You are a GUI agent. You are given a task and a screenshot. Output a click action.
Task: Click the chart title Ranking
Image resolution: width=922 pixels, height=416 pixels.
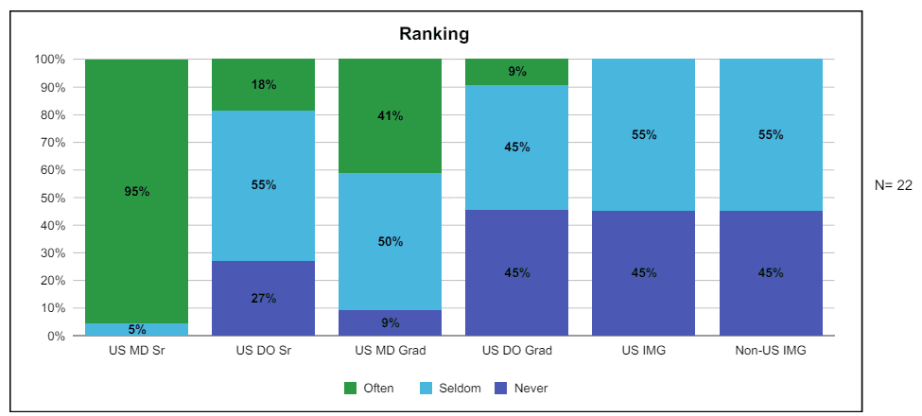(x=434, y=35)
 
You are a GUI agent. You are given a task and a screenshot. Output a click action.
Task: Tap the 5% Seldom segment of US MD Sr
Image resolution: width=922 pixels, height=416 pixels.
(x=137, y=330)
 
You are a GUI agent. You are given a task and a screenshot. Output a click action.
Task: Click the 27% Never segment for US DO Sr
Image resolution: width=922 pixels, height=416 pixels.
(x=264, y=299)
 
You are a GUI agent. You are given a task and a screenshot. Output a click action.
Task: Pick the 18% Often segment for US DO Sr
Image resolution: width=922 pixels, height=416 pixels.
(x=264, y=85)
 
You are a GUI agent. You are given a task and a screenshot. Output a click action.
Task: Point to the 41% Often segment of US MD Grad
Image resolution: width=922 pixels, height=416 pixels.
(x=391, y=116)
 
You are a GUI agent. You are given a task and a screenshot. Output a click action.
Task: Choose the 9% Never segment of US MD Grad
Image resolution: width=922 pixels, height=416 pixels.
(x=391, y=323)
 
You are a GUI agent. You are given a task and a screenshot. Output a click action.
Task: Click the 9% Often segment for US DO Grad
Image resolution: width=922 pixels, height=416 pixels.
(x=517, y=72)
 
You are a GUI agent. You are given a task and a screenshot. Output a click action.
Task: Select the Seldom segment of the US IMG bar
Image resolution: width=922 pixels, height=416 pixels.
(x=644, y=135)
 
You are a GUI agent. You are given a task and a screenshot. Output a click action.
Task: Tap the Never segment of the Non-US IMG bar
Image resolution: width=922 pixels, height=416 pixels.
(x=771, y=273)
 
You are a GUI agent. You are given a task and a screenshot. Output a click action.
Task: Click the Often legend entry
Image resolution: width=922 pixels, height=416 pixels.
(x=368, y=388)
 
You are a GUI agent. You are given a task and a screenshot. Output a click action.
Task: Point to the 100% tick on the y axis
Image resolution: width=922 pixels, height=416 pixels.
(x=50, y=60)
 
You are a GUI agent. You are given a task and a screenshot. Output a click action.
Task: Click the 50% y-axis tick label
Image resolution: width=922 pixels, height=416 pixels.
(x=53, y=198)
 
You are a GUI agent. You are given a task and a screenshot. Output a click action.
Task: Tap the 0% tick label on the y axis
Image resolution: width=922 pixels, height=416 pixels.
(x=56, y=336)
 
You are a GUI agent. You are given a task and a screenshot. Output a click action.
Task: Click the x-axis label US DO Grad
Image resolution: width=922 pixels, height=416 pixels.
(x=517, y=352)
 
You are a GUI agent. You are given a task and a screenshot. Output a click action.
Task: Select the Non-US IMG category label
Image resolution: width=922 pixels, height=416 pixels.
(x=771, y=352)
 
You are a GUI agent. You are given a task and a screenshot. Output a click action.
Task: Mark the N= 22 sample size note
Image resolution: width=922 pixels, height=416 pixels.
(x=894, y=185)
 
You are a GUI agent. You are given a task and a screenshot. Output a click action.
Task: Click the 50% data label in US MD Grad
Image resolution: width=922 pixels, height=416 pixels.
(x=391, y=241)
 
